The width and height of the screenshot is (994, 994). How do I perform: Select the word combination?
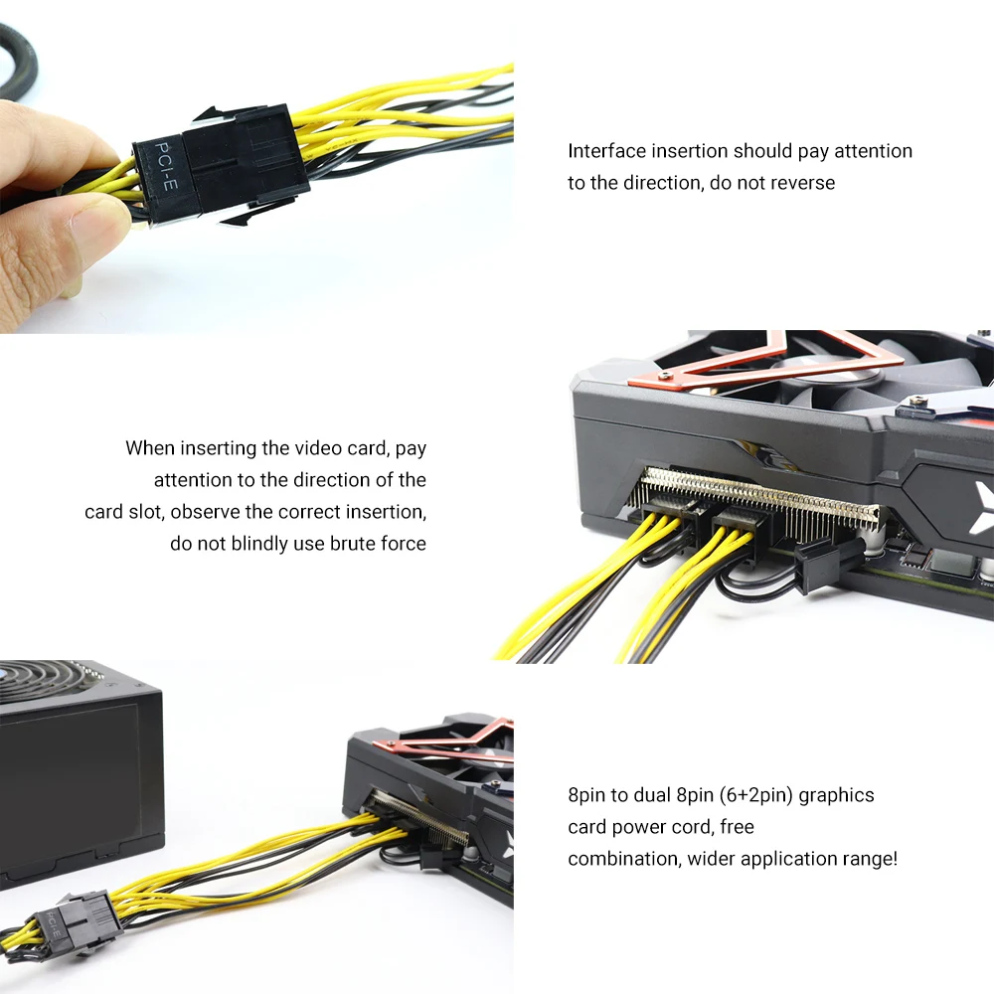coord(622,859)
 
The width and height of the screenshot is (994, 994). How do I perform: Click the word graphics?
coord(837,795)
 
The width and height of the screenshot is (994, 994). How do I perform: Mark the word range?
coord(869,859)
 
